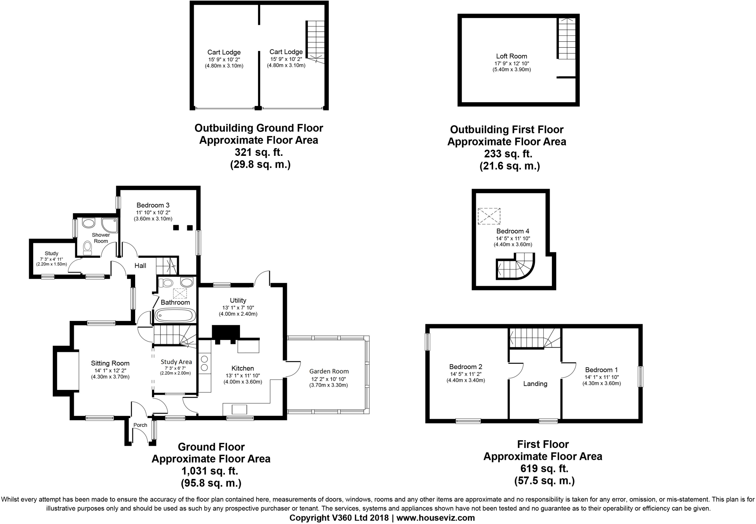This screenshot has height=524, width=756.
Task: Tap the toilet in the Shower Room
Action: pyautogui.click(x=87, y=248)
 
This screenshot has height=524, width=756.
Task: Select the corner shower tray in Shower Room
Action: pyautogui.click(x=110, y=224)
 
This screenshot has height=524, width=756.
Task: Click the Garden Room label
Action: pyautogui.click(x=329, y=371)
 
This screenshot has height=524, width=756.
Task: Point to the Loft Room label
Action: pyautogui.click(x=511, y=56)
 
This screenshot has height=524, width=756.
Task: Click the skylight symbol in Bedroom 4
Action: pyautogui.click(x=489, y=216)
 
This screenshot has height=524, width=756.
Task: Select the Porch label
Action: pyautogui.click(x=140, y=425)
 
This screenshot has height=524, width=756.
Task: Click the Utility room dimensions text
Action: pyautogui.click(x=238, y=311)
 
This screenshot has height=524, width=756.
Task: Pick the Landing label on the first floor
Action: pyautogui.click(x=535, y=384)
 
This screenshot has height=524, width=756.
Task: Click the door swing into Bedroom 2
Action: pyautogui.click(x=516, y=370)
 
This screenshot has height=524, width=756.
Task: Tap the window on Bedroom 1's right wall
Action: pyautogui.click(x=640, y=376)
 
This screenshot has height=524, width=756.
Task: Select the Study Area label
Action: pyautogui.click(x=176, y=362)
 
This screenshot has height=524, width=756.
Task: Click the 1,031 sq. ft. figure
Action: pyautogui.click(x=209, y=471)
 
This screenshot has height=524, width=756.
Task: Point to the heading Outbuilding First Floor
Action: pyautogui.click(x=506, y=130)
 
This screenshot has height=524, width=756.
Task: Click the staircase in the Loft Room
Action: pyautogui.click(x=566, y=38)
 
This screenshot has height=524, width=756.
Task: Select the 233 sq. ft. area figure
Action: pyautogui.click(x=508, y=154)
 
